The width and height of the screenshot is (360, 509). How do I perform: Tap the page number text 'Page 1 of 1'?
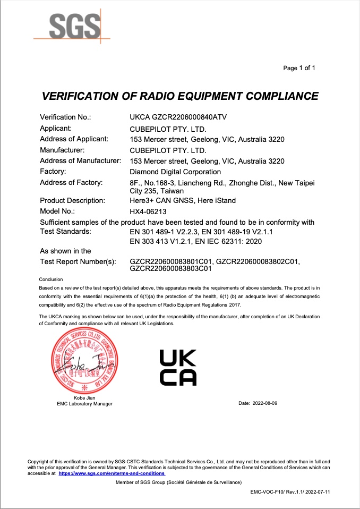coord(299,68)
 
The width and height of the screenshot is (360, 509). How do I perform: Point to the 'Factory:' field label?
coord(53,172)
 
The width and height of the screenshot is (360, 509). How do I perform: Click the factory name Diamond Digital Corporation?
coord(175,172)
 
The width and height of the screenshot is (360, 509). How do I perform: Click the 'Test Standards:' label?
coord(65,232)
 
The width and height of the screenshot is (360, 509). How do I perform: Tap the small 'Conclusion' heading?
coord(51,279)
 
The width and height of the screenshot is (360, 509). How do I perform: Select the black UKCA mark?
coord(178,367)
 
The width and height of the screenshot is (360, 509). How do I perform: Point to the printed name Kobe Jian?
coord(84,398)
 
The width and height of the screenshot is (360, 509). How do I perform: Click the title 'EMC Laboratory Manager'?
coord(84,404)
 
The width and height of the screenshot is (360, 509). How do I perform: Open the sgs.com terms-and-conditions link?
coord(112,473)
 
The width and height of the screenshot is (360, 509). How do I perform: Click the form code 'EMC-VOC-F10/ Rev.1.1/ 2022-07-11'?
coord(290,493)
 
